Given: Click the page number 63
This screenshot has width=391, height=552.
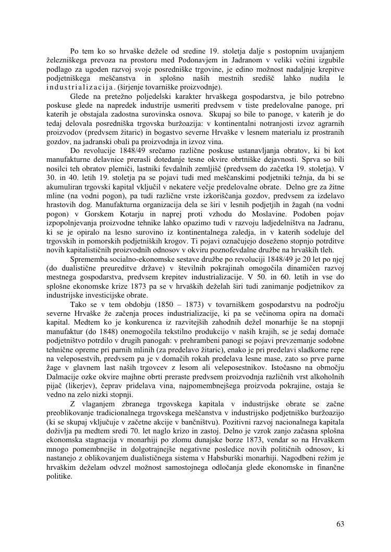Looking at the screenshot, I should [340, 523].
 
